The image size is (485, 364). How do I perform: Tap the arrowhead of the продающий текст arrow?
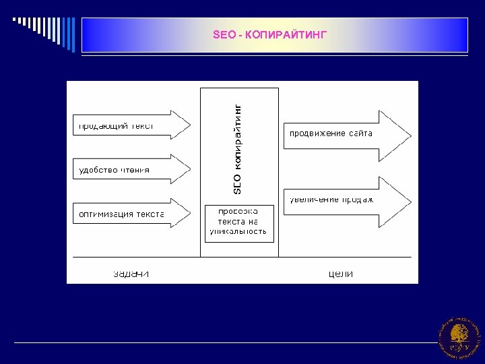(x=181, y=125)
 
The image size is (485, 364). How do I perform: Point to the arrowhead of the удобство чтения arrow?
(x=181, y=169)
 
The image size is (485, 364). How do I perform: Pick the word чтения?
(x=135, y=170)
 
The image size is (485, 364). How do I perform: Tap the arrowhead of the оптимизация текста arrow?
(x=181, y=213)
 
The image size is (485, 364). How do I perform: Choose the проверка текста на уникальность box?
(x=239, y=223)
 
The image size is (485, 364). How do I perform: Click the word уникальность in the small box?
(x=239, y=231)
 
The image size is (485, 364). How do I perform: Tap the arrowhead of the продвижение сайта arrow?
(x=398, y=133)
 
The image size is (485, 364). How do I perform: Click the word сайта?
(x=361, y=133)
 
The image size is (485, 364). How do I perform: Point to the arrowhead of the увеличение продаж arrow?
(x=398, y=198)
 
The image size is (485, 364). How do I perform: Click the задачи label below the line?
(x=131, y=274)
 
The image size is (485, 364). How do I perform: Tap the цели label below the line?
(x=341, y=274)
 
